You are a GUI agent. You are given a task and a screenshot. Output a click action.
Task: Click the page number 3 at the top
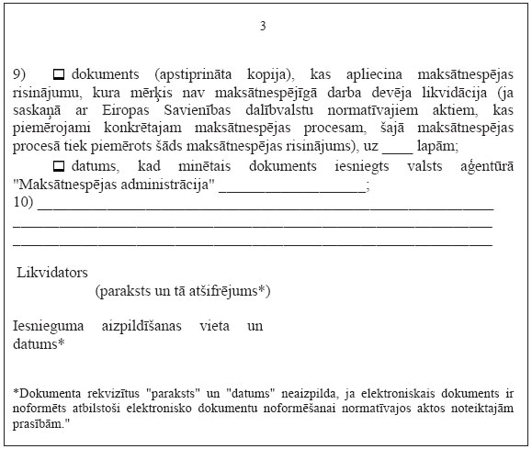(263, 26)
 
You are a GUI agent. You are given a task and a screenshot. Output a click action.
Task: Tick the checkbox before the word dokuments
(60, 73)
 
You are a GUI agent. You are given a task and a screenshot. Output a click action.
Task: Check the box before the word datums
(60, 166)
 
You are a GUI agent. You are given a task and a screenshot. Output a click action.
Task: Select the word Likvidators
(51, 273)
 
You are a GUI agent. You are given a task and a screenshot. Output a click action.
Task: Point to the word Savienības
(187, 108)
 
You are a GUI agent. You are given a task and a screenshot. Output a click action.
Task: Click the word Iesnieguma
(52, 326)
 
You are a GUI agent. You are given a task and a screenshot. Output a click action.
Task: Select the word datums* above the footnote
(39, 344)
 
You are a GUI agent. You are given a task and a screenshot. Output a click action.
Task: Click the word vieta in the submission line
(214, 326)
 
